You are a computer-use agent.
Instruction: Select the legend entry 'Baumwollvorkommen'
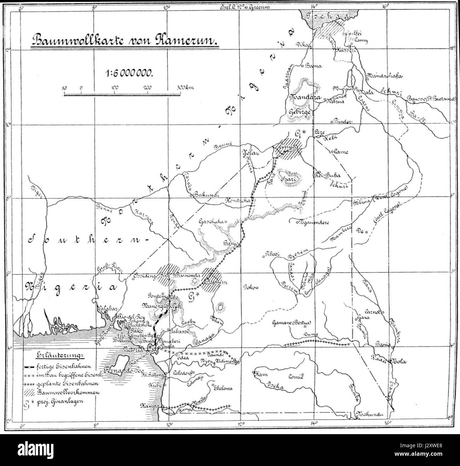(73, 392)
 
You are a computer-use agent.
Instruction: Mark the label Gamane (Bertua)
(292, 322)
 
